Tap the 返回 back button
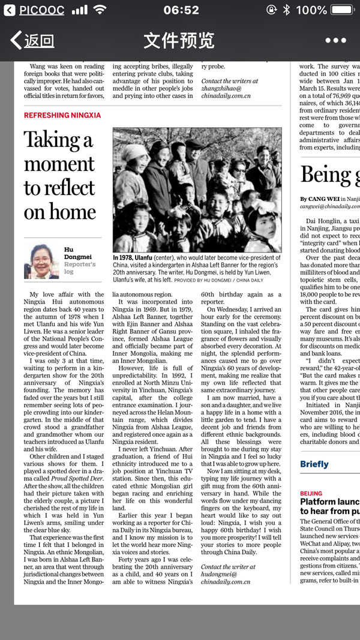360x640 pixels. [34, 40]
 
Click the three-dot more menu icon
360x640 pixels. [335, 40]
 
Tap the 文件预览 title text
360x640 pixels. [179, 40]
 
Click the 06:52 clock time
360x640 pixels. [181, 10]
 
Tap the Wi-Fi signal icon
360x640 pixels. [100, 10]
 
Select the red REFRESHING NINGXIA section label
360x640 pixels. [62, 115]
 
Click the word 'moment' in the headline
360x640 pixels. [59, 164]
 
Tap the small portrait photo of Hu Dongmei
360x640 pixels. [41, 260]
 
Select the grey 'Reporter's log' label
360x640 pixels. [80, 268]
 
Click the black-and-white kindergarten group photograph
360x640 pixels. [197, 190]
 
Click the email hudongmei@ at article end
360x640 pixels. [219, 574]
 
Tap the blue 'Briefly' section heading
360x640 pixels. [314, 464]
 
